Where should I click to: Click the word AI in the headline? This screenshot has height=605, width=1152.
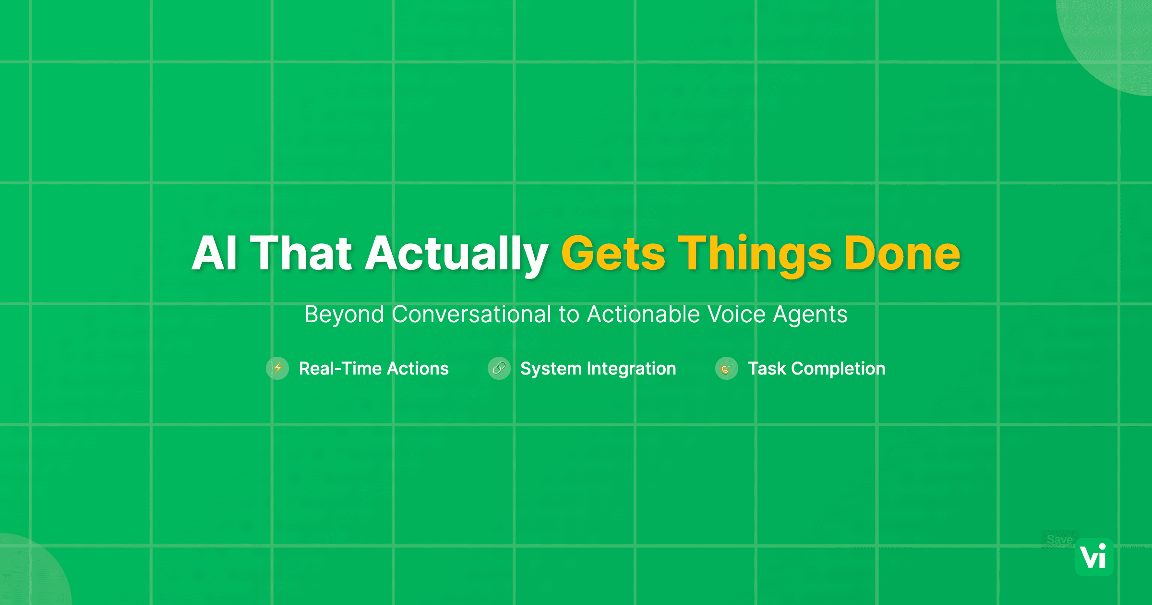pyautogui.click(x=215, y=254)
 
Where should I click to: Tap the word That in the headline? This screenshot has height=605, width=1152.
pyautogui.click(x=301, y=254)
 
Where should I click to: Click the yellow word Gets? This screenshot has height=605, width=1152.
pyautogui.click(x=613, y=254)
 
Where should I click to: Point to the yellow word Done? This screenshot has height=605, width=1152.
pyautogui.click(x=902, y=254)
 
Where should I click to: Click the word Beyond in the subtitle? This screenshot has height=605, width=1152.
pyautogui.click(x=344, y=315)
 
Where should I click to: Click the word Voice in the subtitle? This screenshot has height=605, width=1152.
pyautogui.click(x=736, y=315)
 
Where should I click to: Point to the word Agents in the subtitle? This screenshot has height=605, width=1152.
pyautogui.click(x=810, y=315)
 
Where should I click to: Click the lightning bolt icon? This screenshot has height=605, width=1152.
pyautogui.click(x=277, y=368)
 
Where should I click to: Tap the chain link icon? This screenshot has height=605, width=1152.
pyautogui.click(x=499, y=368)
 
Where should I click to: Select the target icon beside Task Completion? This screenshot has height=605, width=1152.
pyautogui.click(x=726, y=368)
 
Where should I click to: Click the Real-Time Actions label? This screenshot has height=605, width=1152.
pyautogui.click(x=373, y=368)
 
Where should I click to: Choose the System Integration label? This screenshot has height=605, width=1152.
pyautogui.click(x=598, y=368)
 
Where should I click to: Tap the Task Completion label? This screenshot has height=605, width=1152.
pyautogui.click(x=816, y=368)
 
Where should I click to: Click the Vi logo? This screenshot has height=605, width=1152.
pyautogui.click(x=1094, y=557)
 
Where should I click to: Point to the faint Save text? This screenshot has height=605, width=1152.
pyautogui.click(x=1059, y=540)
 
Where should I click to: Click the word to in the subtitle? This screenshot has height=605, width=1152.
pyautogui.click(x=569, y=315)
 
